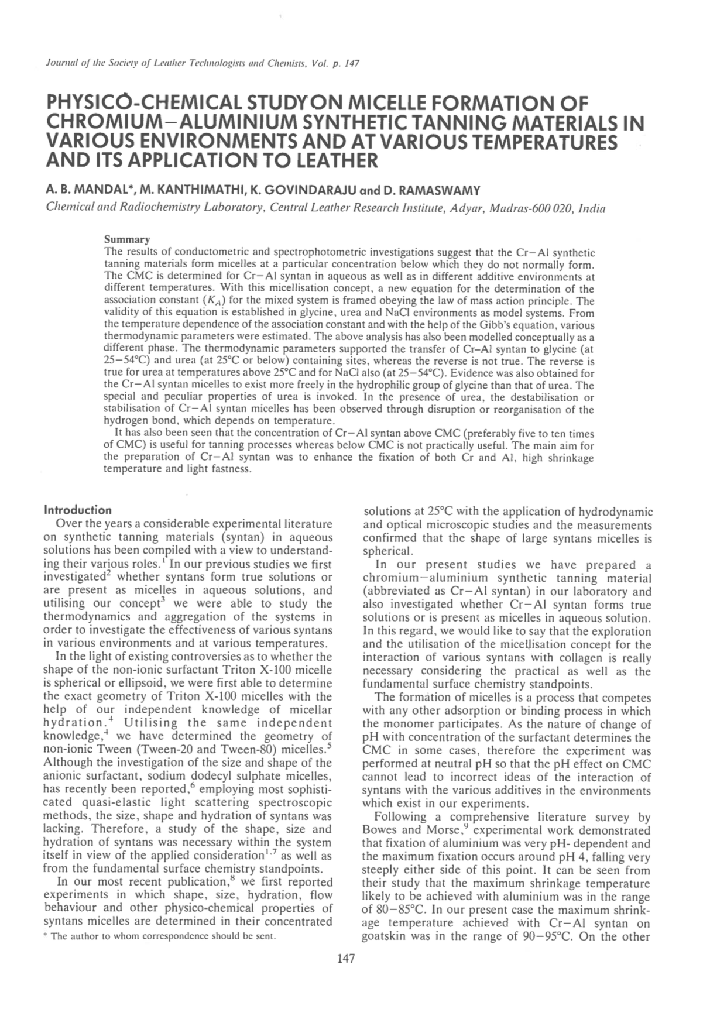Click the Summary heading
[126, 239]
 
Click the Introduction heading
[78, 510]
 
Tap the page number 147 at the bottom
[347, 958]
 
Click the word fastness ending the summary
[231, 469]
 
